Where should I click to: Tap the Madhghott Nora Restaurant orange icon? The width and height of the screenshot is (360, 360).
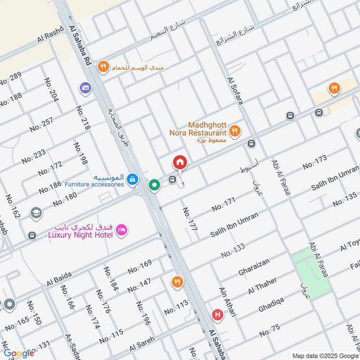[234, 131]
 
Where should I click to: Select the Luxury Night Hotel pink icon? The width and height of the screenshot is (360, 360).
[121, 231]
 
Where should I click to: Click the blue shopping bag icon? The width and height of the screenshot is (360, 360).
[132, 179]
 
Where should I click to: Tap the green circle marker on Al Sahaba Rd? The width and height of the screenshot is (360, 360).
[154, 185]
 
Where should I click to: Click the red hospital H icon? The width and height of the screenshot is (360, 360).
[218, 315]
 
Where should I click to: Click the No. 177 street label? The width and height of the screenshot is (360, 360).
[190, 219]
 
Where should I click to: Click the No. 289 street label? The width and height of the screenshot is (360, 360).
[10, 79]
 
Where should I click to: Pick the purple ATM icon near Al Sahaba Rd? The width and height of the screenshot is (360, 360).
[85, 88]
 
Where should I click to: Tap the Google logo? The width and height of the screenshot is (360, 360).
[18, 353]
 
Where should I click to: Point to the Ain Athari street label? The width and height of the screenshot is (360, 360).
[228, 302]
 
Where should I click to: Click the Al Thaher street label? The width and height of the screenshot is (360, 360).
[262, 287]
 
